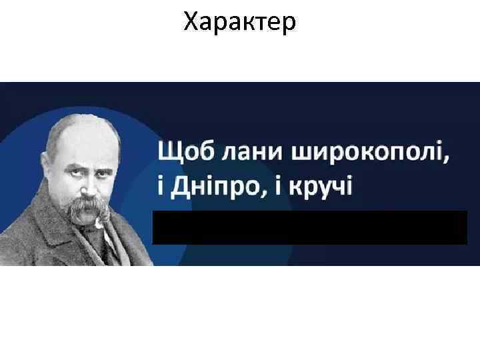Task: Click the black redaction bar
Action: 310,228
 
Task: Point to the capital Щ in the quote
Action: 167,152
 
